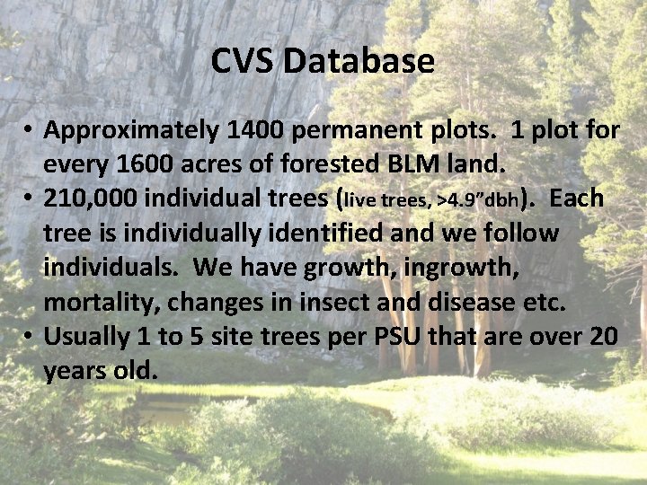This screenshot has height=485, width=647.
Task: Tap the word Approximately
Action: (132, 131)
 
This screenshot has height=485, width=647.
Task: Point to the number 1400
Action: (260, 130)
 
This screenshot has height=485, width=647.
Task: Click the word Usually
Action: (87, 337)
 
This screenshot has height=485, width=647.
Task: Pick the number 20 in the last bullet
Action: (601, 336)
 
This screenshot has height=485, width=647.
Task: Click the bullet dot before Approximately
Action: (30, 132)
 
